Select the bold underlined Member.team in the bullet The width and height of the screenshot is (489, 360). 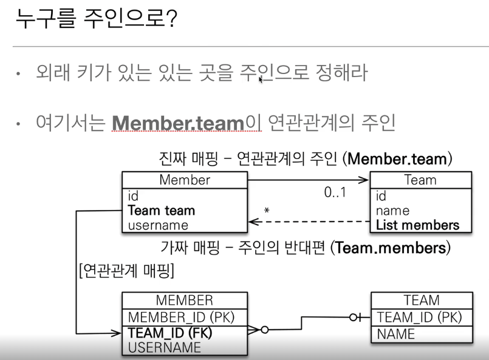click(178, 124)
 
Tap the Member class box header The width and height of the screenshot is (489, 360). click(185, 180)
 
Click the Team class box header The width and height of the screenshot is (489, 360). click(420, 180)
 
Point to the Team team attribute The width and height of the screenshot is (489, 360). click(162, 211)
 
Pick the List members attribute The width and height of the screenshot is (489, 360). click(417, 225)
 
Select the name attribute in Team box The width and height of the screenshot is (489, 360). click(392, 211)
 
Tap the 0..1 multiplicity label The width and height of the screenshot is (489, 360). click(335, 193)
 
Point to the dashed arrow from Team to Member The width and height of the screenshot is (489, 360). click(310, 222)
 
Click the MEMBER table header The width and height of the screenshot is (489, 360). click(185, 300)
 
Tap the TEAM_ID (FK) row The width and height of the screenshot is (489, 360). click(170, 333)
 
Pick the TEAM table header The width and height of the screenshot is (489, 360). click(422, 300)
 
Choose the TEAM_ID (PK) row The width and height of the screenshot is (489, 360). click(419, 317)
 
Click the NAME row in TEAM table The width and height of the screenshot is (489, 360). click(396, 333)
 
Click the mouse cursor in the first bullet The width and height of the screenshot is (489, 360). click(261, 79)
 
